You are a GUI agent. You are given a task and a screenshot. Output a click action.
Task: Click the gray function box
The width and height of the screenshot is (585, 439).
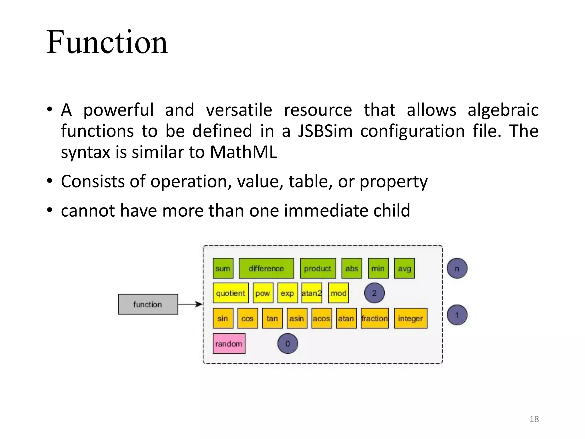point(148,304)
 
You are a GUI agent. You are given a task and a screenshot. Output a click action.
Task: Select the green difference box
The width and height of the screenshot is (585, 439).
point(266,268)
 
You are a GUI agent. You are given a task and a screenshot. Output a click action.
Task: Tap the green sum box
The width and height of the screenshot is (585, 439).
point(223,268)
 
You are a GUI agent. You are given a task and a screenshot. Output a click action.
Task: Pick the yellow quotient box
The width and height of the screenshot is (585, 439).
point(231,293)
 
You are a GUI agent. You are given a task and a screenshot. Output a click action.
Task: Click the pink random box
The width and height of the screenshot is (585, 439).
point(229,344)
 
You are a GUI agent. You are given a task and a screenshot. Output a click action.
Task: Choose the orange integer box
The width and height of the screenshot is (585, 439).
point(410,318)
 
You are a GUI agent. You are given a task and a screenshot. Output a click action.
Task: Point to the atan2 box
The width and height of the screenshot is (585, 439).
point(312,293)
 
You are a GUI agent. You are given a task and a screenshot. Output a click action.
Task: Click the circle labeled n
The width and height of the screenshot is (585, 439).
point(457,268)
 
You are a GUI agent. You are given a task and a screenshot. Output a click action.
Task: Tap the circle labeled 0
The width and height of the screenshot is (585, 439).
point(288,344)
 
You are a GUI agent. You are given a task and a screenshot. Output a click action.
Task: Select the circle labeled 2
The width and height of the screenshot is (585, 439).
point(374,293)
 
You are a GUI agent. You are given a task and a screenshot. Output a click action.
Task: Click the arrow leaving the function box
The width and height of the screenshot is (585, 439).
point(190,304)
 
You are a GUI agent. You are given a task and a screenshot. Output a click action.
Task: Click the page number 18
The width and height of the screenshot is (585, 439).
point(534,419)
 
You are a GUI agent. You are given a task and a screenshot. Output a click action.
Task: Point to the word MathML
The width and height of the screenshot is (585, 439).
point(243,152)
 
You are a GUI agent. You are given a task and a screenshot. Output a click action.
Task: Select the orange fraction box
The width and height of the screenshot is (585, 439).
point(374,318)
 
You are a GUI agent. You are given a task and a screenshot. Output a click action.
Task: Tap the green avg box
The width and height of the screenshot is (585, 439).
point(404,268)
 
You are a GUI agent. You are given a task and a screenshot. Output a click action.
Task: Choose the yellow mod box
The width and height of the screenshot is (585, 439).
point(338,293)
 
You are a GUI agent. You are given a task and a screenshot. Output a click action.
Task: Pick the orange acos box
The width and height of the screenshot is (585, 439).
point(321,318)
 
